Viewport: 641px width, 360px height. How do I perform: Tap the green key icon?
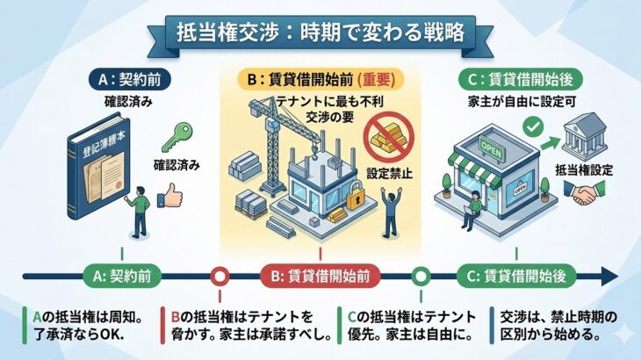177,137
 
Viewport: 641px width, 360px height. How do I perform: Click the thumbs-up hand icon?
170,195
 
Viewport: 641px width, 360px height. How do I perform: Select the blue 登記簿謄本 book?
98,169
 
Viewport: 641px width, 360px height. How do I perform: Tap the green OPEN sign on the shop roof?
492,149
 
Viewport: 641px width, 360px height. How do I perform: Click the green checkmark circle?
533,127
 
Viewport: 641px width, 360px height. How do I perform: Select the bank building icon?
585,137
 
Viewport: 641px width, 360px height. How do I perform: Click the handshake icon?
585,192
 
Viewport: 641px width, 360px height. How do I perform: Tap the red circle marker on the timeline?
220,277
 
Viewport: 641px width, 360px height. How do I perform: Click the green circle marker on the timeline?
421,277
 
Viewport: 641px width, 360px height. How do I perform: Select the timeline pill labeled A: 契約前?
122,277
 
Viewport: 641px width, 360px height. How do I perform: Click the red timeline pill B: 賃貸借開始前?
320,277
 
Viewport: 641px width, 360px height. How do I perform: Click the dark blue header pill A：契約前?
129,80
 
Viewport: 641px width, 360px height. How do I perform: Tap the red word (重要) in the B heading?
376,80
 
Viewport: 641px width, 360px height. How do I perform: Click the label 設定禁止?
389,173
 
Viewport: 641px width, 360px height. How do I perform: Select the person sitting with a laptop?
472,211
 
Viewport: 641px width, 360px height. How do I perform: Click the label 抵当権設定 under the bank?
584,170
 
